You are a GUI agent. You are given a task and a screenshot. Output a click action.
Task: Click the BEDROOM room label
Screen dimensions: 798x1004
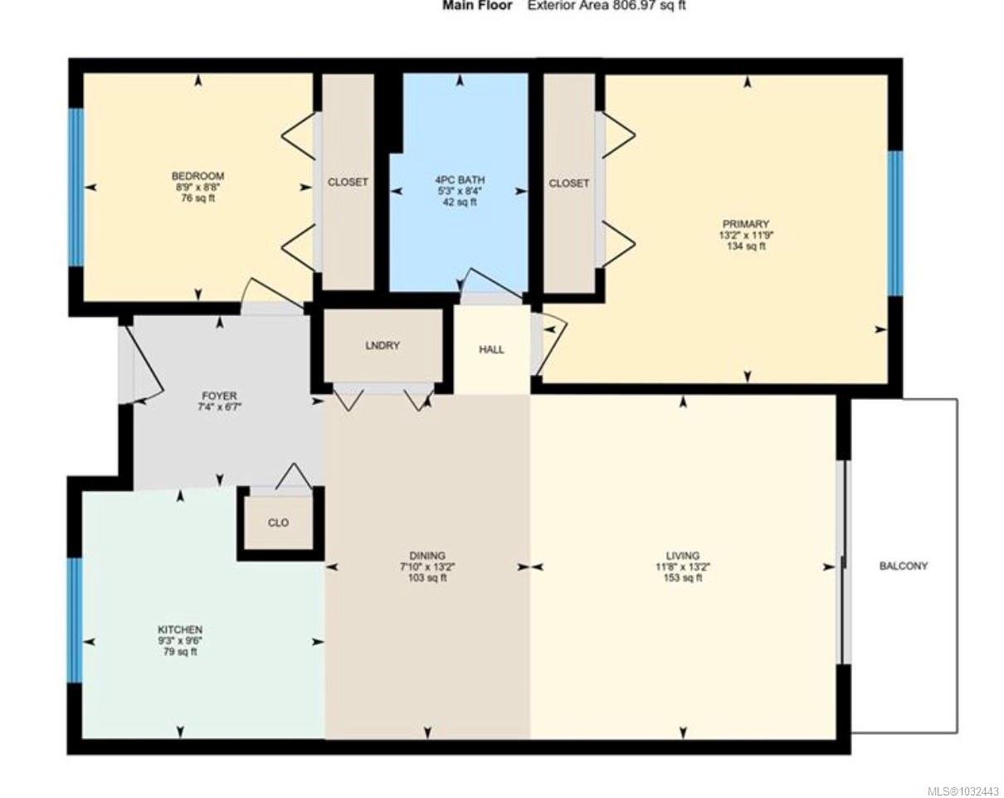point(197,176)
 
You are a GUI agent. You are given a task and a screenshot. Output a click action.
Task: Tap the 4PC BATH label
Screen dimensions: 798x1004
point(460,179)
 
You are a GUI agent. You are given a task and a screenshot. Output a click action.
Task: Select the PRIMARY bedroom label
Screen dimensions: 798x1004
point(745,224)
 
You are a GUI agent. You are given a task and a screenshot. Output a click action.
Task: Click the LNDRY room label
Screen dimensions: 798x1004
point(382,345)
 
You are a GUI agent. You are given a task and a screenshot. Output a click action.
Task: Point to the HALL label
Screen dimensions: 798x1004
point(491,350)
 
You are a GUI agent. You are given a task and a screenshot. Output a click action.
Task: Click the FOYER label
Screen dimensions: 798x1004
point(219,397)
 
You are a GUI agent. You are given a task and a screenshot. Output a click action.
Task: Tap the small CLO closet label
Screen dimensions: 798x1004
point(279,523)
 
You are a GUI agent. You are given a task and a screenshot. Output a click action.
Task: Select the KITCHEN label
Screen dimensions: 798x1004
point(180,630)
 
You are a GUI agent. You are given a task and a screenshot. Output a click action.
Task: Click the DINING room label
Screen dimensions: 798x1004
point(427,556)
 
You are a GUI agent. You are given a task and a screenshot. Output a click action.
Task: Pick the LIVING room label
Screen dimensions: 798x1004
point(682,556)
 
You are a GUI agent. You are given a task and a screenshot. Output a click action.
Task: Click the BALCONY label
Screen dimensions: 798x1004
point(903,566)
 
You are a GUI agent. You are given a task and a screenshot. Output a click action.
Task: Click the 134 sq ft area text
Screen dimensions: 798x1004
point(745,246)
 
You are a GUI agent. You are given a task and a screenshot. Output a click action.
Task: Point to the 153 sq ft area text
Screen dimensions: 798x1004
point(682,578)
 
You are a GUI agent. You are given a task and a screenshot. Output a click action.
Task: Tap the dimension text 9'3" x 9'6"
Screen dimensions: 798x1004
point(180,641)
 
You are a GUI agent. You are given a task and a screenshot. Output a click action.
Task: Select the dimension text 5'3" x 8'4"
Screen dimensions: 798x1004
point(460,191)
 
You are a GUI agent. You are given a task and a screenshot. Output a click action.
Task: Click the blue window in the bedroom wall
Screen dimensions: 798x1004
point(76,187)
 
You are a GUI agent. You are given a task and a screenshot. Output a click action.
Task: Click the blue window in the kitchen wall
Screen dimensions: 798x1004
point(76,619)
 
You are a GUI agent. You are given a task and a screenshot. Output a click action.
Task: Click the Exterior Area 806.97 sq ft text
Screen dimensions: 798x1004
point(607,6)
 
